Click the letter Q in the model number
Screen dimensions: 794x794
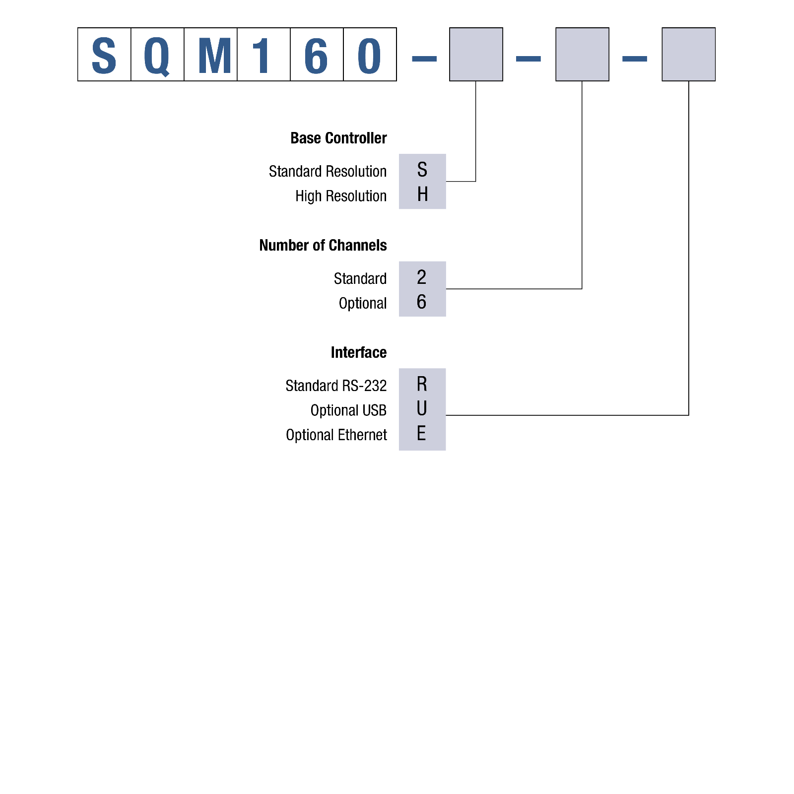157,56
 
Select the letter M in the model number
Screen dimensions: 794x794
214,56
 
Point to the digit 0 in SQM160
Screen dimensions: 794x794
369,56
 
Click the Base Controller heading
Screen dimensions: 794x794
338,138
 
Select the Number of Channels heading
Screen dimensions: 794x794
323,245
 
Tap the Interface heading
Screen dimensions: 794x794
358,352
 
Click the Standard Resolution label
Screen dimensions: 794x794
328,171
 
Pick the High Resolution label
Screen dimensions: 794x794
340,196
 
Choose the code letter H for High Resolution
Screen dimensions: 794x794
422,195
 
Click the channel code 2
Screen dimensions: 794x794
421,277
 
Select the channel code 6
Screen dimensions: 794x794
421,302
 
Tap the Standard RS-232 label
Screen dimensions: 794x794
336,386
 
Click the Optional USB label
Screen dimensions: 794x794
348,410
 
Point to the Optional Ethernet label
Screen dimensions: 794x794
336,435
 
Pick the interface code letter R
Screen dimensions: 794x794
422,384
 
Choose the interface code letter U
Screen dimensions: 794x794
422,409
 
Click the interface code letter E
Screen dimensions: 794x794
421,434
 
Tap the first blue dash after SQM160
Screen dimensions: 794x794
424,59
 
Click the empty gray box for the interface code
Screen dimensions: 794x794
688,54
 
